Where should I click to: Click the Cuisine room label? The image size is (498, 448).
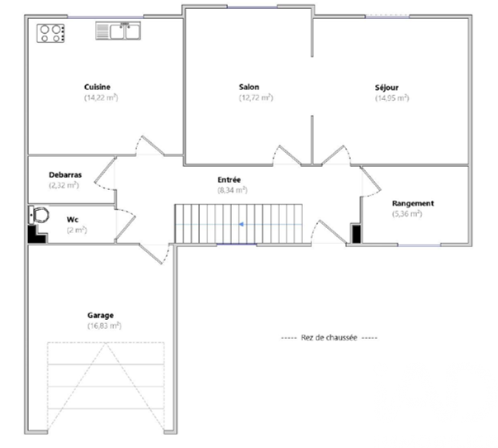[97, 87]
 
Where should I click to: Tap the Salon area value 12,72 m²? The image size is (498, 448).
[256, 98]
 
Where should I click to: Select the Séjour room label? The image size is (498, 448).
[387, 88]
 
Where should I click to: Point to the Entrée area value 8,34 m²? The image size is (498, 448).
[233, 190]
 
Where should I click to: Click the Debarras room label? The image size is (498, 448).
[65, 175]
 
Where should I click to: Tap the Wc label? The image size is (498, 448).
[73, 220]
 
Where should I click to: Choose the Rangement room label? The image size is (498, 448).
[413, 203]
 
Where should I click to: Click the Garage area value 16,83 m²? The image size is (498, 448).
[105, 326]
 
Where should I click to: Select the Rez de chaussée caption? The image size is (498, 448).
[329, 338]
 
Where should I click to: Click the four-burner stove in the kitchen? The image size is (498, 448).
[51, 33]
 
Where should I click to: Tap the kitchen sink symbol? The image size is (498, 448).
[118, 31]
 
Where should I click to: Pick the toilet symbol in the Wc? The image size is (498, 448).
[39, 215]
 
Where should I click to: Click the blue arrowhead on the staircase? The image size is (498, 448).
[241, 225]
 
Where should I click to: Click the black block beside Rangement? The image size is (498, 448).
[356, 234]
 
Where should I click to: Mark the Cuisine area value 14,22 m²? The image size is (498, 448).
[101, 98]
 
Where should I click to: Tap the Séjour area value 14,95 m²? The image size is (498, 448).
[392, 98]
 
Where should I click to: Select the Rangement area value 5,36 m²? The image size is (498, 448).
[407, 213]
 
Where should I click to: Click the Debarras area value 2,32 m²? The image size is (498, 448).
[64, 185]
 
